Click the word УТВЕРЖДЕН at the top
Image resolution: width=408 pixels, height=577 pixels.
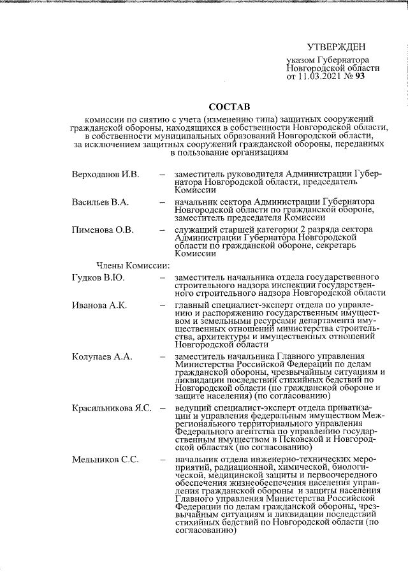tap(336, 47)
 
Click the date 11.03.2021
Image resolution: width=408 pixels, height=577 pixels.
tap(328, 77)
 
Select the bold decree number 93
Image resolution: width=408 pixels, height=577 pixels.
tap(377, 77)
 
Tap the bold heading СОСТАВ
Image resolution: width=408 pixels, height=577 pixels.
tap(230, 105)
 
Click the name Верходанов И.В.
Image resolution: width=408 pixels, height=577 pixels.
tap(105, 173)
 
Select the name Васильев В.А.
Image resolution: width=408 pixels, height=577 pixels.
tap(100, 202)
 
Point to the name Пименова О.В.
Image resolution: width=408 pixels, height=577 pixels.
tap(103, 230)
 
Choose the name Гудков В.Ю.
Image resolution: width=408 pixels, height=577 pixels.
tap(98, 277)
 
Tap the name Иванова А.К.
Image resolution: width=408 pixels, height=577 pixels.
tap(99, 305)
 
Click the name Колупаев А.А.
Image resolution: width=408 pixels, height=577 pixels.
tap(102, 356)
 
